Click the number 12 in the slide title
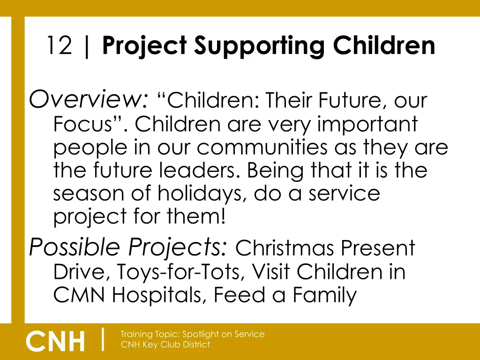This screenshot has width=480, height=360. pos(59,46)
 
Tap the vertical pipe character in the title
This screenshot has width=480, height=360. pos(87,46)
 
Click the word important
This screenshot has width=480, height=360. pos(367,124)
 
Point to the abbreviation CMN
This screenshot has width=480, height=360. pos(79,295)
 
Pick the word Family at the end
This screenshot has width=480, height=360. pos(324,295)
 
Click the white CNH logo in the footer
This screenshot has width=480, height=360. pos(56,341)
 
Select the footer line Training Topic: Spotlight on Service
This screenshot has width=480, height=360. pos(192,334)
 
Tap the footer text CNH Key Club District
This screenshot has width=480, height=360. pos(165,345)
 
